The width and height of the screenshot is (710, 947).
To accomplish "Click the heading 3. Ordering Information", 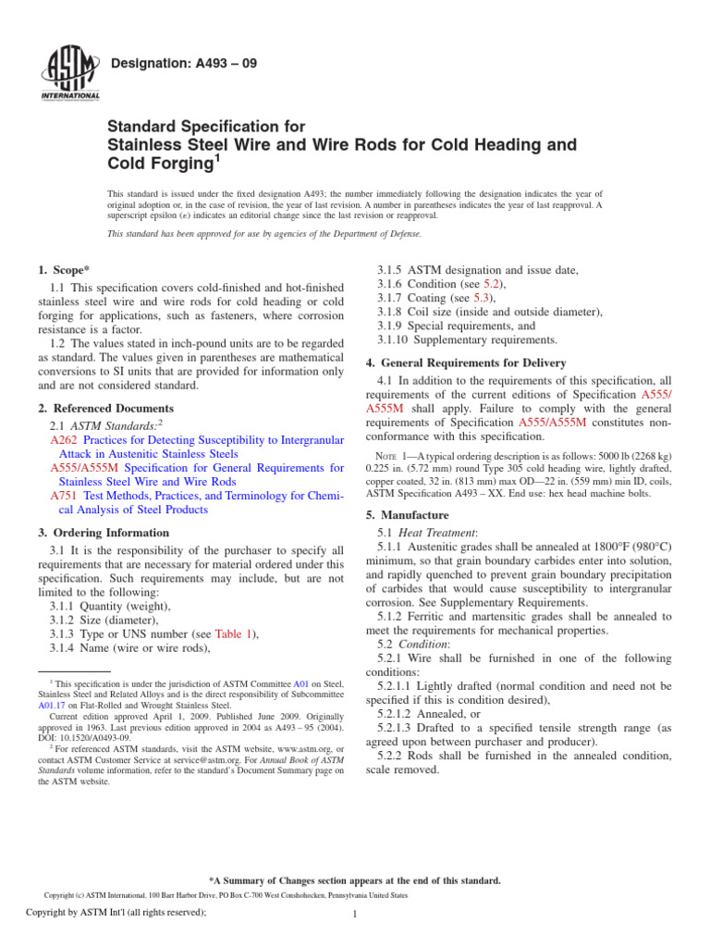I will coord(104,533).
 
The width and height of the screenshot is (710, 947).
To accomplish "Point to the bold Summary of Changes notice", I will coord(355,881).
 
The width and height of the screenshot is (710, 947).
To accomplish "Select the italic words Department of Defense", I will coord(319,234).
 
